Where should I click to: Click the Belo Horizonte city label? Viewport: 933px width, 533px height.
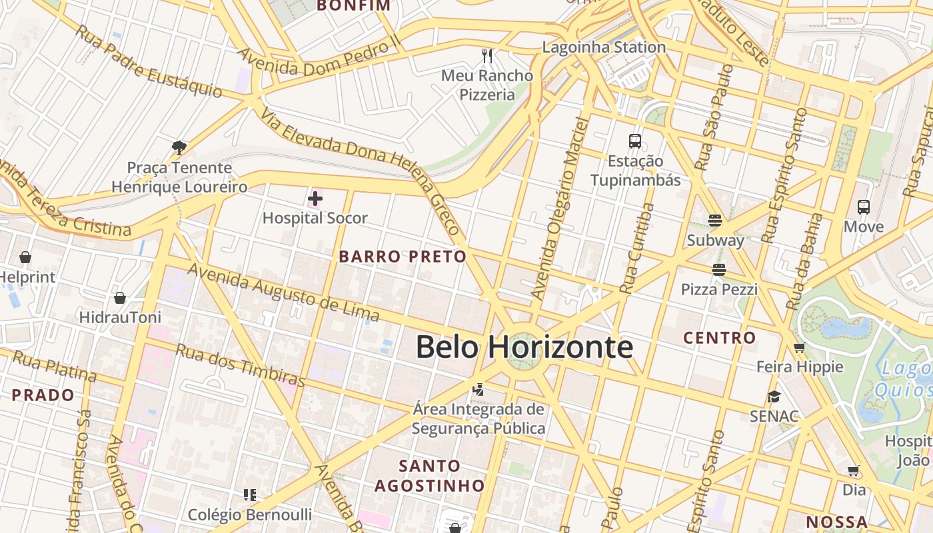coord(524,347)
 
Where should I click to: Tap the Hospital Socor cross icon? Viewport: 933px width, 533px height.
coord(315,199)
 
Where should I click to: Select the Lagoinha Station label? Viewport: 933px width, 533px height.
coord(604,47)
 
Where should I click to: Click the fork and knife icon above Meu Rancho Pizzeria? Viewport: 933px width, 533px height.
coord(488,55)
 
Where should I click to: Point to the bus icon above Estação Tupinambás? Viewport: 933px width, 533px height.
coord(635,141)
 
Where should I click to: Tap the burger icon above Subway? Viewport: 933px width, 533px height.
coord(715,221)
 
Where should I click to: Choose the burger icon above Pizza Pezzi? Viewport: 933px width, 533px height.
coord(718,270)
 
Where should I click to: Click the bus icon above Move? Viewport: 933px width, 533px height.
coord(864,207)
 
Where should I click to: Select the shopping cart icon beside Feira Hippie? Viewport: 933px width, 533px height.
coord(800,347)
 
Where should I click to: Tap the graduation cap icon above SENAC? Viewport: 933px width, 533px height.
coord(774,396)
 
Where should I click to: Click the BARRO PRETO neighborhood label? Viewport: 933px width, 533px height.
coord(403,257)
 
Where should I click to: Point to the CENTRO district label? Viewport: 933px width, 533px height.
coord(720,338)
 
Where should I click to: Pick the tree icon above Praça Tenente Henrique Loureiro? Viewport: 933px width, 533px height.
coord(179,147)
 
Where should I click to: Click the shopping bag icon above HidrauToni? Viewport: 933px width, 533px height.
coord(120,298)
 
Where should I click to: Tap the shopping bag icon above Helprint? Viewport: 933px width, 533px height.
coord(25,257)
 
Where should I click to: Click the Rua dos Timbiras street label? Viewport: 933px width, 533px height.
coord(240,366)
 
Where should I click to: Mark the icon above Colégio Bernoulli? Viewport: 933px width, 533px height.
coord(250,495)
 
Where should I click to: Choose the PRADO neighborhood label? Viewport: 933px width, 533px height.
coord(43,395)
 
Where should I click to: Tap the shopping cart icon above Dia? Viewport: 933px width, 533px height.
coord(854,471)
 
